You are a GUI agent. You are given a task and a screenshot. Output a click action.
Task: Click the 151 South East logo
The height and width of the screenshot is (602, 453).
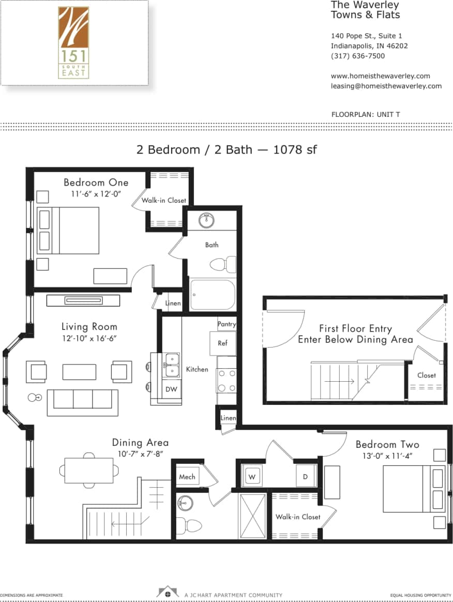tap(73, 42)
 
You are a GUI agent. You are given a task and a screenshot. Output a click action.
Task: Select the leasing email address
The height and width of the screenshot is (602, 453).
tap(386, 86)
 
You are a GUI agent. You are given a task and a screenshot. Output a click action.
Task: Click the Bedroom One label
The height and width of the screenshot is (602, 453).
tap(96, 183)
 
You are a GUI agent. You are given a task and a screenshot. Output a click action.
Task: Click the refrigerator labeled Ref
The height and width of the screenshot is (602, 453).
tap(222, 343)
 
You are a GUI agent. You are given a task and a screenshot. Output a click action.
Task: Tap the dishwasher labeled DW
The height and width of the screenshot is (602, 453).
tap(171, 389)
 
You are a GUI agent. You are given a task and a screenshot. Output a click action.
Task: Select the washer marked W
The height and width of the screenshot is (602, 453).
tap(251, 477)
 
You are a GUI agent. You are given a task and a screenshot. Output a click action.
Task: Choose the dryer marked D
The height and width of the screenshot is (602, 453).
tap(306, 477)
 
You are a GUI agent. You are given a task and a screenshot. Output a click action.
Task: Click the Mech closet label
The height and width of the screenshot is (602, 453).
tap(187, 477)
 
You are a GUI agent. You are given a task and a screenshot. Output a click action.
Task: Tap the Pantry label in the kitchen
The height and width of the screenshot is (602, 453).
tap(226, 324)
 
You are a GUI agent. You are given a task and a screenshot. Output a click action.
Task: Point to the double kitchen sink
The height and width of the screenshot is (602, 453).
tap(171, 365)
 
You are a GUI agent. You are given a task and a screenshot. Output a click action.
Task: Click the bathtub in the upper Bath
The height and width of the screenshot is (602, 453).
tap(212, 295)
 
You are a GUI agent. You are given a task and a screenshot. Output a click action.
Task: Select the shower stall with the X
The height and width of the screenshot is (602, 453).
tap(253, 516)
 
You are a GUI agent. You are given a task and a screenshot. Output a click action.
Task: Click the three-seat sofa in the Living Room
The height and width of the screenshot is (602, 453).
tap(83, 402)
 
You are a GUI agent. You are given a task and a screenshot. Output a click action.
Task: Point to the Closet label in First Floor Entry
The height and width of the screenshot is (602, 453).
tap(426, 375)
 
